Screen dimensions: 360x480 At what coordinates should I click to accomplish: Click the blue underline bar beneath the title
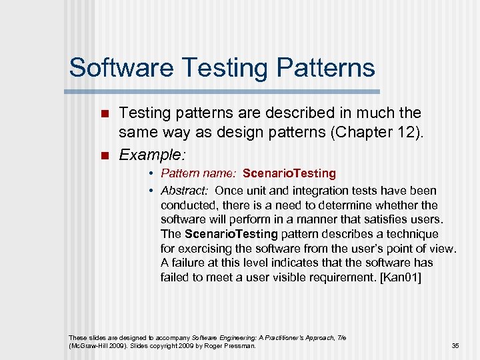(x=224, y=91)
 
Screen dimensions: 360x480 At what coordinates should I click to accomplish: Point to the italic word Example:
(x=151, y=155)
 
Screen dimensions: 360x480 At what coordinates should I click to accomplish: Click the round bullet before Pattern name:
(x=152, y=174)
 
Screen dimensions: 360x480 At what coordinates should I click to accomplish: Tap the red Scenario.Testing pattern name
(x=289, y=173)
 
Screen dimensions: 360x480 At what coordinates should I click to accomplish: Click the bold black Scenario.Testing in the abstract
(x=231, y=234)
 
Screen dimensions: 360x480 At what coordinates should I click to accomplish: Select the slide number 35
(x=455, y=346)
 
